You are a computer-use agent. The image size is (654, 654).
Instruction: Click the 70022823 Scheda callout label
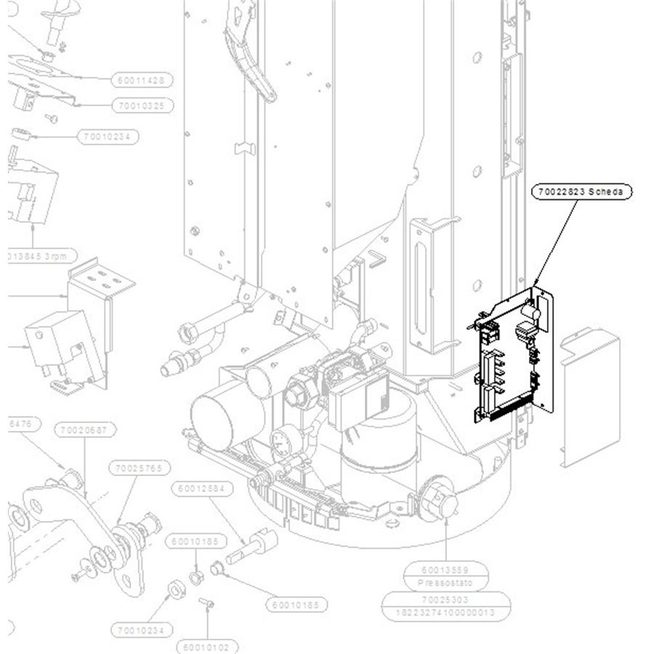(581, 192)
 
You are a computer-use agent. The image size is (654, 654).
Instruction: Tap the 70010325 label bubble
(142, 106)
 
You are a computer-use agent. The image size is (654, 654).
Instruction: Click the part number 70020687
(85, 430)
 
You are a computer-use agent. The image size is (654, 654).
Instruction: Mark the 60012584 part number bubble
(203, 488)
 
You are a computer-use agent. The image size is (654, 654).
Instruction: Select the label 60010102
(206, 647)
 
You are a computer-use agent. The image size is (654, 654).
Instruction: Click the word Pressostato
(445, 583)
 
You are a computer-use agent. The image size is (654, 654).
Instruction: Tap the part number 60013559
(445, 570)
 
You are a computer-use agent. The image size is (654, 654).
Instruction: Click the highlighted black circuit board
(512, 356)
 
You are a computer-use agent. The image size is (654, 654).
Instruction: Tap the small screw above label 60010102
(205, 602)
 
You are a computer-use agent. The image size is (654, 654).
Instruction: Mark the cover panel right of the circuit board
(589, 396)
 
